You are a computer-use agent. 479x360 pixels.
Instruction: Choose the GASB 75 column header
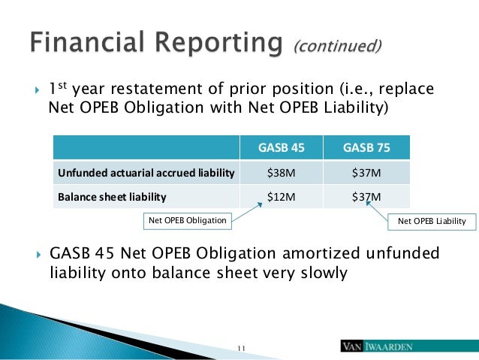click(x=366, y=148)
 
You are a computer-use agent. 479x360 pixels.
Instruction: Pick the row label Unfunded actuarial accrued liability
click(x=146, y=173)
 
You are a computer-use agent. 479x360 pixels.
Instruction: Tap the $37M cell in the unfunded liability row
click(x=366, y=173)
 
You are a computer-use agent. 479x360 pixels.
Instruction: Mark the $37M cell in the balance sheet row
click(x=366, y=197)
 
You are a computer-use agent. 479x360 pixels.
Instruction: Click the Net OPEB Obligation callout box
click(x=187, y=221)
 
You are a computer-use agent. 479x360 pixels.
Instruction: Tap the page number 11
click(x=241, y=348)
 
